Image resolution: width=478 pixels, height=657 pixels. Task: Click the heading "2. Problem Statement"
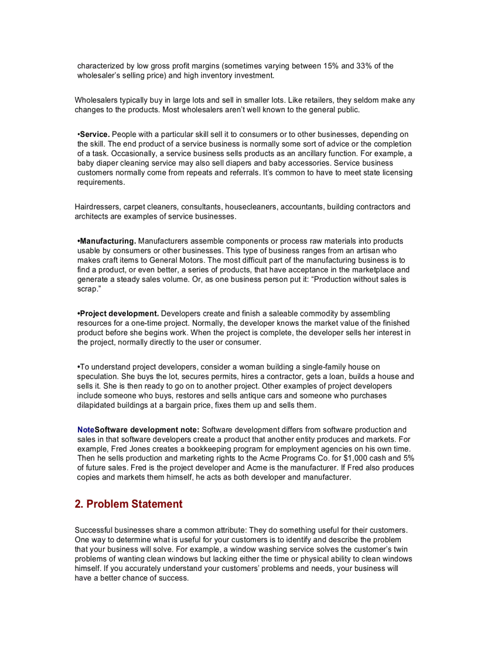tap(128, 504)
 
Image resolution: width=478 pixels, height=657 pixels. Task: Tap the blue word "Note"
tap(86, 430)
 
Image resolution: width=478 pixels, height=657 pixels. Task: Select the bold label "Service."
tap(95, 135)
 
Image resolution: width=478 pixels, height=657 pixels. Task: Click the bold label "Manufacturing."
tap(108, 241)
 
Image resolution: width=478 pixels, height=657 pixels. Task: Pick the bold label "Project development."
tap(119, 314)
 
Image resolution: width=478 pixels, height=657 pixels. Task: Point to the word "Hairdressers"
tap(97, 207)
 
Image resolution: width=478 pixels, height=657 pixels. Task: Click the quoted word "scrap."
tap(89, 289)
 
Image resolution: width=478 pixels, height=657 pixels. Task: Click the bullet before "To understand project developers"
tap(78, 367)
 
